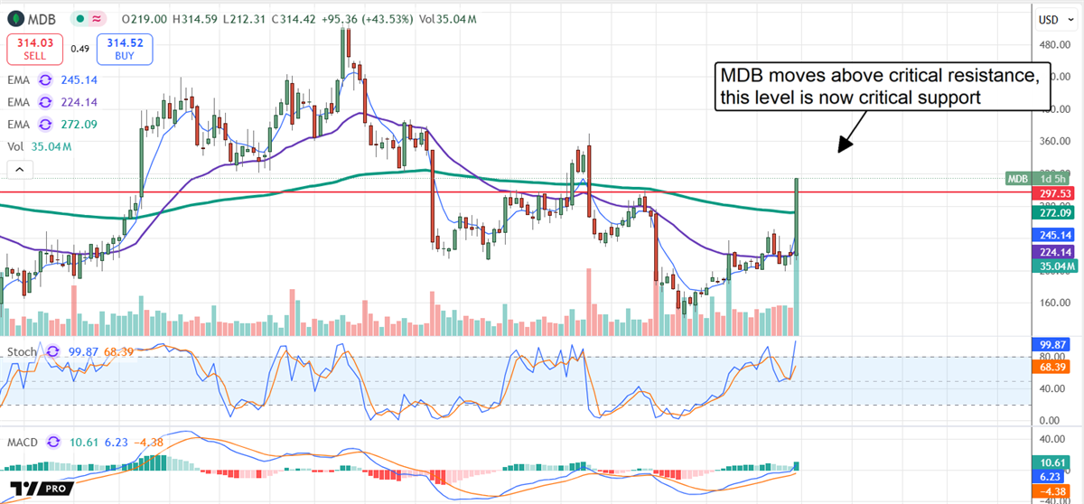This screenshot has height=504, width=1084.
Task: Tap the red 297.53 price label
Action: click(1054, 193)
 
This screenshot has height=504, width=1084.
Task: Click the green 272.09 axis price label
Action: click(1054, 213)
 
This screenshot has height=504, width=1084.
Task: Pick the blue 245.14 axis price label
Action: click(1054, 234)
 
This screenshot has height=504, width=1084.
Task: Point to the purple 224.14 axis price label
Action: click(1054, 252)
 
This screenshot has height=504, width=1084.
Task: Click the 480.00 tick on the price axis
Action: click(1051, 44)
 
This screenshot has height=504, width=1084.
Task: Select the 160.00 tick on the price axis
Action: click(1051, 303)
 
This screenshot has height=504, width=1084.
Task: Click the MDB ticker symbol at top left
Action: click(40, 18)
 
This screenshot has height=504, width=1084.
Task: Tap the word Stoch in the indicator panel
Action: click(23, 351)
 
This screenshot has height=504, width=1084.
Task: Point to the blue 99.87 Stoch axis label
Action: click(1053, 344)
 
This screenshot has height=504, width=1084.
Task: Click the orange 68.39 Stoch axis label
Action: click(1053, 368)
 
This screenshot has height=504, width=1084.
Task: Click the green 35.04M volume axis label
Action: click(1054, 266)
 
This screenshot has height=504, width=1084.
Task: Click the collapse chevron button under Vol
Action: click(19, 169)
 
